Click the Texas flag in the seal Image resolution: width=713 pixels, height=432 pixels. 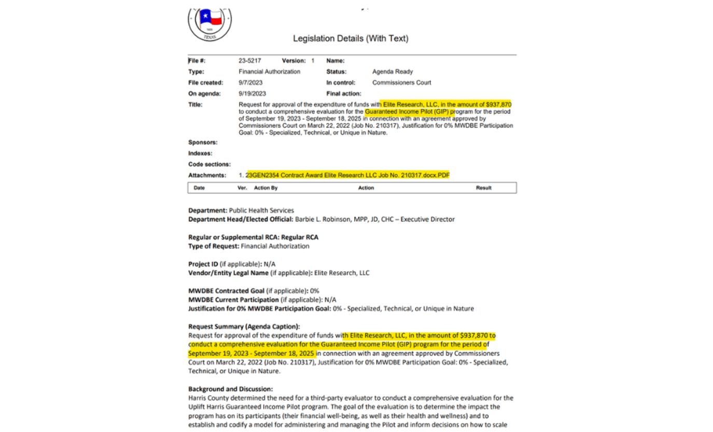[210, 19]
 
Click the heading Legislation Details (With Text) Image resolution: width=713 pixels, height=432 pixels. [351, 38]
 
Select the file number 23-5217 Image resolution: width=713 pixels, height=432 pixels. [249, 61]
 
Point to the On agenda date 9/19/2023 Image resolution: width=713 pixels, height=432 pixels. [252, 93]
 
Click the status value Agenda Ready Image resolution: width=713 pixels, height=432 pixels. [392, 72]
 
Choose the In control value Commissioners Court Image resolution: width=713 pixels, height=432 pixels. [401, 82]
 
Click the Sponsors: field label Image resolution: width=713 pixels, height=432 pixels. [203, 142]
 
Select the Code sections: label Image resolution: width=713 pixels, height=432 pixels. [209, 164]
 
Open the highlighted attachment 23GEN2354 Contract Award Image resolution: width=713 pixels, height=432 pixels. [348, 175]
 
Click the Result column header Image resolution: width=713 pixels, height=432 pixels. [483, 188]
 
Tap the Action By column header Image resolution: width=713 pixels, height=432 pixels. [265, 188]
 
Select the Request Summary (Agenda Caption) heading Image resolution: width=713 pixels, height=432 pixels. [244, 326]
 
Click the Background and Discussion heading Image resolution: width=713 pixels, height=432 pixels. [230, 389]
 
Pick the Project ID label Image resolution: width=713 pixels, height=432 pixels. [203, 263]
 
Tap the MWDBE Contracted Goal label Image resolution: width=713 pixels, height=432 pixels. [226, 290]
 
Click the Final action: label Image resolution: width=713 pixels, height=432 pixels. [344, 93]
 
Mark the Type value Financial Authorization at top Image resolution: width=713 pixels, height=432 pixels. [269, 72]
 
